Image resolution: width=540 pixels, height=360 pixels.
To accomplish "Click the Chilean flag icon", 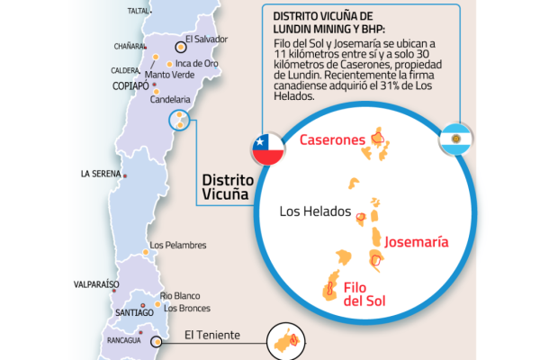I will [x=267, y=148].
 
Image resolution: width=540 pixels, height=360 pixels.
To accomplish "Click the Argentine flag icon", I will [x=455, y=139].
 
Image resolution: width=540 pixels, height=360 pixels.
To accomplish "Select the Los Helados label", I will [x=314, y=213].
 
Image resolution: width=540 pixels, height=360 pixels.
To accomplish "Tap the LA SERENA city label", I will [x=100, y=174].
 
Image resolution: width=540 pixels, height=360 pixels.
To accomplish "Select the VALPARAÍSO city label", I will [x=96, y=284].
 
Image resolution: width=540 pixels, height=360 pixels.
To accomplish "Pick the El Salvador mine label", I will [x=207, y=40].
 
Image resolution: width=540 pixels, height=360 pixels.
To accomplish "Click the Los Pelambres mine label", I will [x=178, y=245].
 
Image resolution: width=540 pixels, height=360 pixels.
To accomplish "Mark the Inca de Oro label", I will [x=197, y=63].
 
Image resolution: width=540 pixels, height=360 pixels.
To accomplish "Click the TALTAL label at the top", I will [x=138, y=11].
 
